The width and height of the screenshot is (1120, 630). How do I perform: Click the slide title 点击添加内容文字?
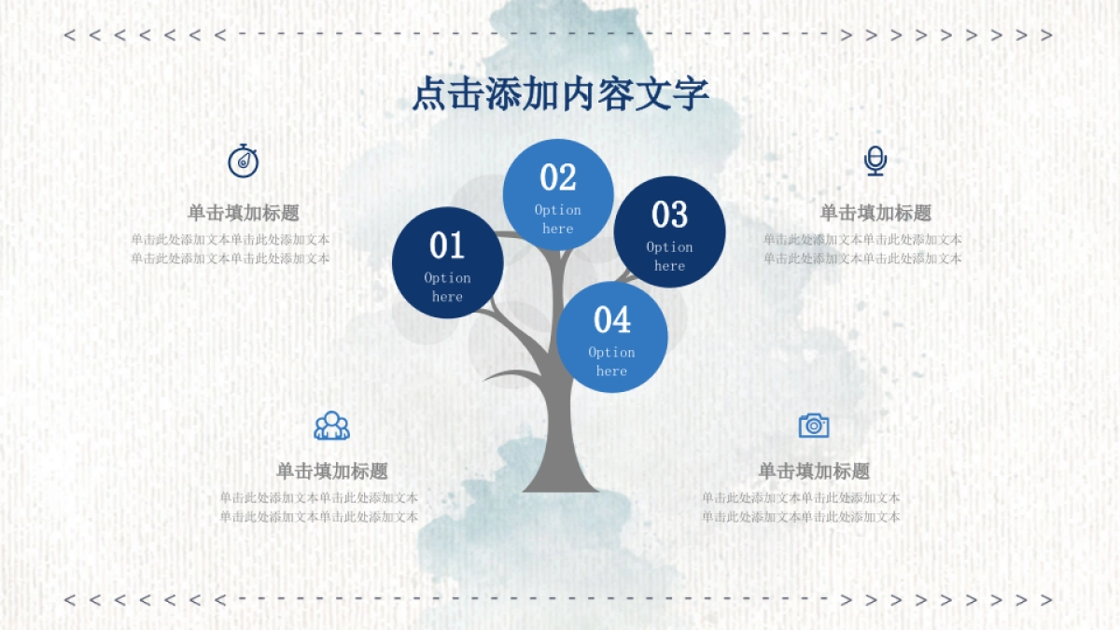point(560,95)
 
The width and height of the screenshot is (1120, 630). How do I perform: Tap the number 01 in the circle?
point(447,246)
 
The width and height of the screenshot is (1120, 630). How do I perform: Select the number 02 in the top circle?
point(558,177)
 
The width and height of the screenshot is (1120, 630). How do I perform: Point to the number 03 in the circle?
point(669,216)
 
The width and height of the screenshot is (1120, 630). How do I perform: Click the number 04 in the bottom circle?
point(612,320)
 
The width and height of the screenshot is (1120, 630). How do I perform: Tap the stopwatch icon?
point(243,161)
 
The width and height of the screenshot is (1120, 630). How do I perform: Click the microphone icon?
point(875,161)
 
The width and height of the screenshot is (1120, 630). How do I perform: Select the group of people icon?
point(331,426)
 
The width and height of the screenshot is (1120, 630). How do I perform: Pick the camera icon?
point(814,426)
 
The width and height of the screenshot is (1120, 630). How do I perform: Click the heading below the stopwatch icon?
point(243,213)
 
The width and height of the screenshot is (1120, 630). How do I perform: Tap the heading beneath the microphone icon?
point(875,213)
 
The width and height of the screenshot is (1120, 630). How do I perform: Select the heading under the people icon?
point(331,471)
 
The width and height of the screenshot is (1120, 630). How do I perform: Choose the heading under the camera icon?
point(814,471)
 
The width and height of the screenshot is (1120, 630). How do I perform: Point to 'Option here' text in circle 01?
point(447,287)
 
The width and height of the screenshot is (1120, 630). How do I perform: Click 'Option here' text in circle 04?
point(612,362)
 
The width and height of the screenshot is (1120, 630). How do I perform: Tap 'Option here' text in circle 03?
point(669,257)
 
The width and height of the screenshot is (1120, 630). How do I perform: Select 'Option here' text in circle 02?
point(558,219)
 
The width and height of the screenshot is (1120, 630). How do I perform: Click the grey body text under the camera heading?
point(801,508)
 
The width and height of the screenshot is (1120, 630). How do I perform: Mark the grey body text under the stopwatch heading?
point(230,249)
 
